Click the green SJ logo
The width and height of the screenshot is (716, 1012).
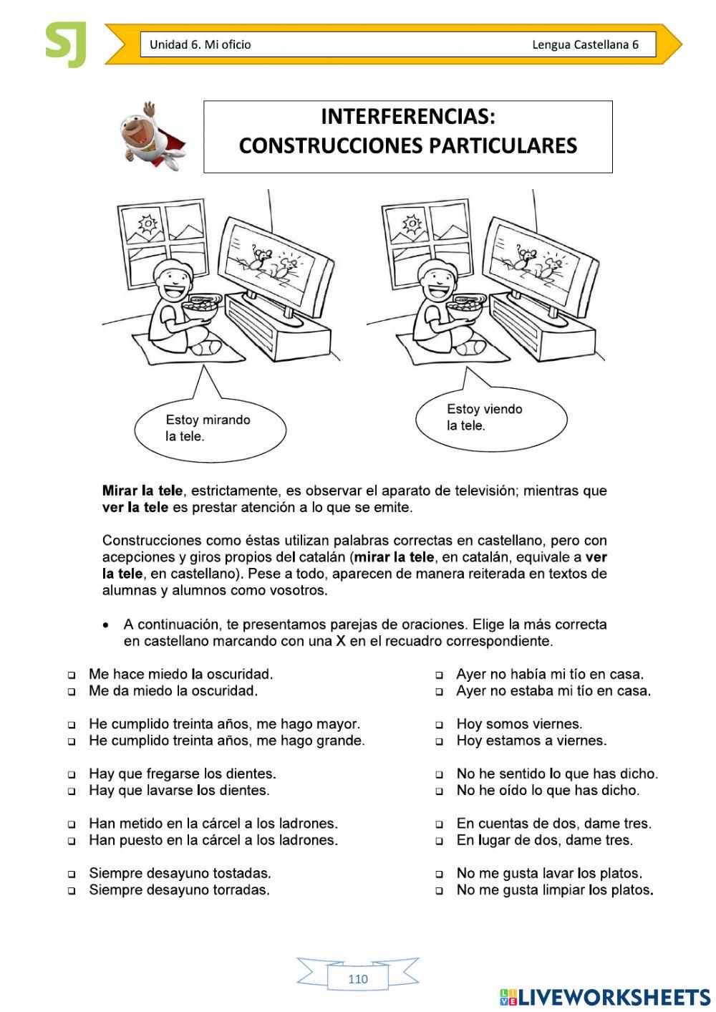66,44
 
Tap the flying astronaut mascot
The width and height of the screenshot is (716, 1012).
150,136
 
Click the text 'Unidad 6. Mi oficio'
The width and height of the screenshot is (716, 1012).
200,44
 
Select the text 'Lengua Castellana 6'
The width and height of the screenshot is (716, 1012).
585,44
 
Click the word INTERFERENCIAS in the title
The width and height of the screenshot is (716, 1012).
407,116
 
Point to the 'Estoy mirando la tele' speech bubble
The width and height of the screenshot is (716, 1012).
209,428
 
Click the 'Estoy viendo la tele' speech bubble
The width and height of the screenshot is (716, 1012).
490,418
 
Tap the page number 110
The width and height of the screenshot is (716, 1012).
357,979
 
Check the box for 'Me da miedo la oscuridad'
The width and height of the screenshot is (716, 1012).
72,692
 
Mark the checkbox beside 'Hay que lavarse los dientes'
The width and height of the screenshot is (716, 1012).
72,791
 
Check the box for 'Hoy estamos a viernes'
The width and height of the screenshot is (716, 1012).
440,742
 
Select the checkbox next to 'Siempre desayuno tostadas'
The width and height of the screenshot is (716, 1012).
72,874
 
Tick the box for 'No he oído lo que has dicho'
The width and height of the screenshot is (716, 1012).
440,791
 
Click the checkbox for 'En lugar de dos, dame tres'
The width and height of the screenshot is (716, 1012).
440,842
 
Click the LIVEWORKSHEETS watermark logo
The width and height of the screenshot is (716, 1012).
605,997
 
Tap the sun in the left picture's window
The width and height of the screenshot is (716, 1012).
147,224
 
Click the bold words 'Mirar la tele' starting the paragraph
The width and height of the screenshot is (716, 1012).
142,491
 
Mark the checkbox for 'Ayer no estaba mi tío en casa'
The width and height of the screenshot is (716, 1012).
440,692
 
